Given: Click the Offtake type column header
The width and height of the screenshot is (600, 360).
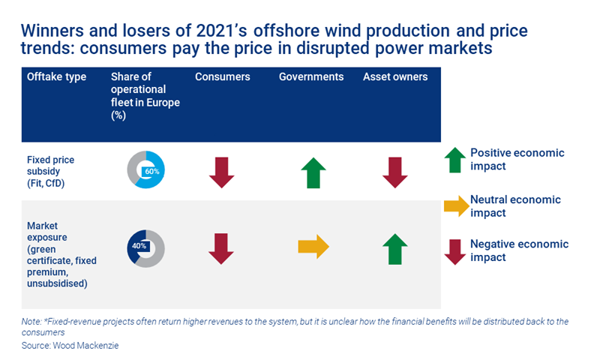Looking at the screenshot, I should click(56, 77).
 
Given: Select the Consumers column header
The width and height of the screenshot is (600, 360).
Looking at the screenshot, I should click(223, 77).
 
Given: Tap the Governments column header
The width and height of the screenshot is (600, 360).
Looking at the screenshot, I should click(311, 77).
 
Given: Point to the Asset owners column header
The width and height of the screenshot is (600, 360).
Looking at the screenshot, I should click(395, 77).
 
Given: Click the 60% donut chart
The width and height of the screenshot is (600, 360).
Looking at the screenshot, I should click(145, 169).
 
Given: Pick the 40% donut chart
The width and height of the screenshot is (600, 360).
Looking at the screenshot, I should click(145, 247).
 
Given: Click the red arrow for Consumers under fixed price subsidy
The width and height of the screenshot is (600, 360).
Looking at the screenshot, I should click(221, 172).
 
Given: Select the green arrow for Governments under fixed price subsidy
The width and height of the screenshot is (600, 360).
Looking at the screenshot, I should click(313, 172).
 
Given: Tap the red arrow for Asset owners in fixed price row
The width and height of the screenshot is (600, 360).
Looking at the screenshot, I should click(395, 172).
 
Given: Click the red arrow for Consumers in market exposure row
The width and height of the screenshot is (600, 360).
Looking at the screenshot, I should click(221, 248).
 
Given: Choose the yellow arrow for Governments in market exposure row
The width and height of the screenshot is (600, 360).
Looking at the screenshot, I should click(313, 247).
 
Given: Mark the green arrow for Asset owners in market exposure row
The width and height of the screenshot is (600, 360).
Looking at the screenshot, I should click(395, 249).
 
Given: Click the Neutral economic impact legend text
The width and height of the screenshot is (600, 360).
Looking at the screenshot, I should click(515, 206).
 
